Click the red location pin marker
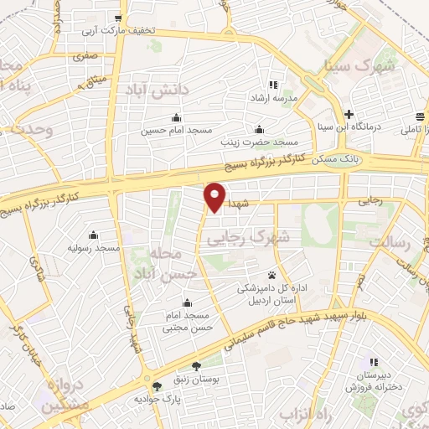(x=215, y=196)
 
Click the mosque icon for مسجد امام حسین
(x=176, y=117)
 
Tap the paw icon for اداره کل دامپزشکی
(x=272, y=275)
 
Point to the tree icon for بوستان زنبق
(x=196, y=365)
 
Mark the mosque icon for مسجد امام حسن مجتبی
(x=186, y=302)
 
